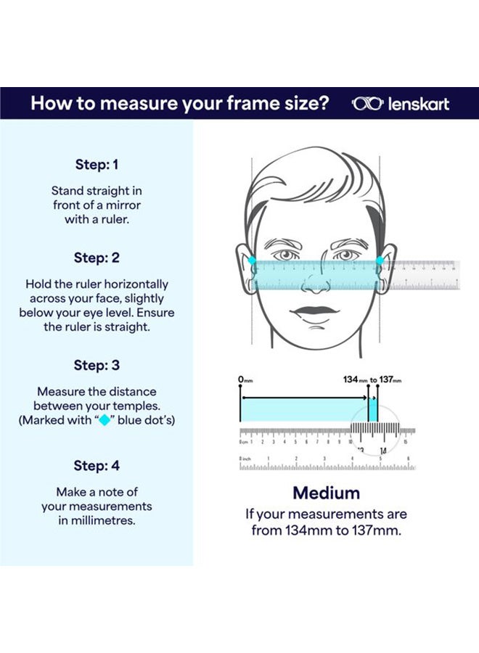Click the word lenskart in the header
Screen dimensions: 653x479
pyautogui.click(x=418, y=103)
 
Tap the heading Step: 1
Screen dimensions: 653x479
pyautogui.click(x=97, y=165)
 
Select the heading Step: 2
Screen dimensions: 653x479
pyautogui.click(x=97, y=258)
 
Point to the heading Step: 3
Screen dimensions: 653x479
pyautogui.click(x=97, y=365)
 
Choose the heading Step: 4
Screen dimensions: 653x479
pyautogui.click(x=97, y=465)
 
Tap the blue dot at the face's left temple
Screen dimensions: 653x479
pyautogui.click(x=252, y=260)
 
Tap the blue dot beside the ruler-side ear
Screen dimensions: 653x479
pyautogui.click(x=380, y=260)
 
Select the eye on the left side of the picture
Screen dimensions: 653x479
pyautogui.click(x=284, y=255)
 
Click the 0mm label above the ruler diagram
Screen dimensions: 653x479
pyautogui.click(x=245, y=379)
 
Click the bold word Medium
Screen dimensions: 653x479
pyautogui.click(x=326, y=493)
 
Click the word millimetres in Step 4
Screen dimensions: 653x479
pyautogui.click(x=97, y=520)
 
